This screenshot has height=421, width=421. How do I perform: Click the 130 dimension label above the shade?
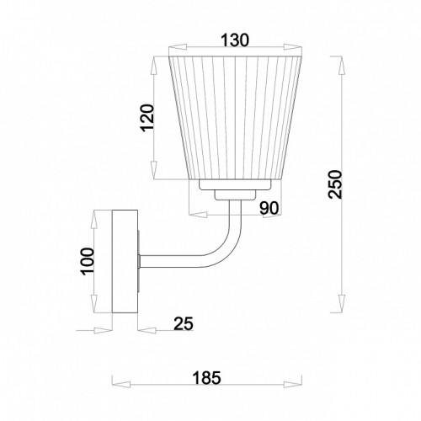tap(235, 40)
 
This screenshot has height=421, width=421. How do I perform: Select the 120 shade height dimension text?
tap(147, 118)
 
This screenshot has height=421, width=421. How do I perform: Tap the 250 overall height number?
tap(335, 184)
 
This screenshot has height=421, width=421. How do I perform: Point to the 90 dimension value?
tap(269, 208)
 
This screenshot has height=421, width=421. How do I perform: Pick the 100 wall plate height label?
tap(87, 261)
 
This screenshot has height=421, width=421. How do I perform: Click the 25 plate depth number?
tap(184, 323)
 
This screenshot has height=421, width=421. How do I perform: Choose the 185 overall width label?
tap(206, 377)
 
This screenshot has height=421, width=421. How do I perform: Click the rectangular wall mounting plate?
tap(125, 261)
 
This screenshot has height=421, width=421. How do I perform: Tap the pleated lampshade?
tap(235, 118)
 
